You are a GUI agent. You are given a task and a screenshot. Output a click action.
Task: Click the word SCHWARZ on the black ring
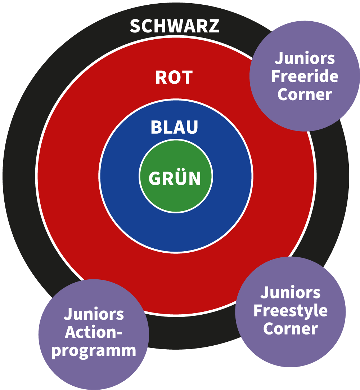(x=174, y=26)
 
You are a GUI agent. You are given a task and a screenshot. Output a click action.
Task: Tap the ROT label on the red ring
(x=174, y=77)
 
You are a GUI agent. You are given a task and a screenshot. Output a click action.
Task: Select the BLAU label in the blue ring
(x=174, y=127)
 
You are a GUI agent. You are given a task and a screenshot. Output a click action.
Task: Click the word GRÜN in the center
(x=175, y=178)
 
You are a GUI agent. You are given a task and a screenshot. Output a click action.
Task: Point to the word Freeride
(x=305, y=76)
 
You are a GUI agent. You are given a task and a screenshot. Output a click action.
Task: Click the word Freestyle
(x=290, y=311)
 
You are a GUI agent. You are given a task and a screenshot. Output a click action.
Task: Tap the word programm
(x=94, y=350)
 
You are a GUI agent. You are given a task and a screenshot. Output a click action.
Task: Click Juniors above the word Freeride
(x=305, y=58)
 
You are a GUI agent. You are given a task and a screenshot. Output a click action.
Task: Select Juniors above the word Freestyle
(x=290, y=292)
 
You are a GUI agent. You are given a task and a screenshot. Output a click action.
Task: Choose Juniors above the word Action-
(x=94, y=314)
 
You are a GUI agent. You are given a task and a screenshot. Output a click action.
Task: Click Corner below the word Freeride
(x=305, y=94)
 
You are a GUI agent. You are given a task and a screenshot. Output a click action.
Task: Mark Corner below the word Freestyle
(x=290, y=329)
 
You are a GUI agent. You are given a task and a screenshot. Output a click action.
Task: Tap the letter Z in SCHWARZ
(x=214, y=26)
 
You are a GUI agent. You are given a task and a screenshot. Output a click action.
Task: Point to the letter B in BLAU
(x=156, y=127)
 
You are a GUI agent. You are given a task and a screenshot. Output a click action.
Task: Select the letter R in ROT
(x=161, y=77)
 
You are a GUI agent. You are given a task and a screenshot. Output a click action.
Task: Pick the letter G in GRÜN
(x=154, y=178)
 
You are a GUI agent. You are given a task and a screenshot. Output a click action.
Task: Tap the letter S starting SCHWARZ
(x=135, y=26)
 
